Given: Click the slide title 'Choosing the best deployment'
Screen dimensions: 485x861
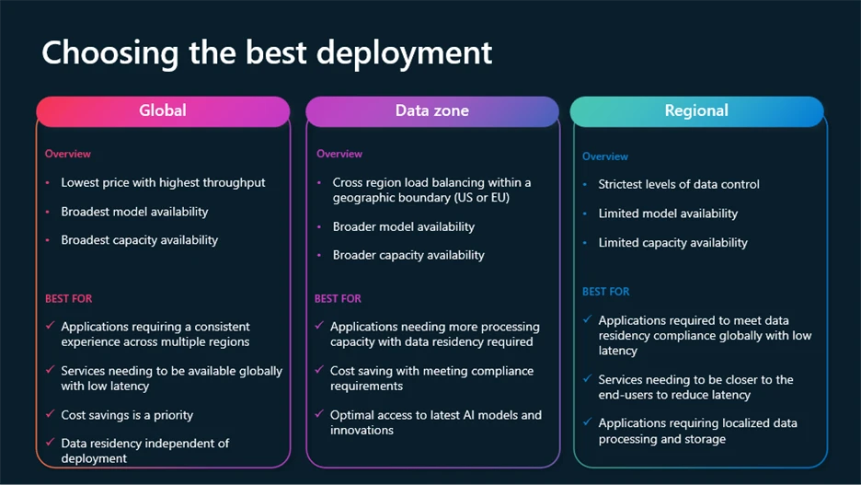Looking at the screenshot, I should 267,52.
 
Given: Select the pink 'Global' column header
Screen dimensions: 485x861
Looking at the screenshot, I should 163,110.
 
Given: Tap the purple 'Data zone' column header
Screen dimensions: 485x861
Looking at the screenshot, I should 431,110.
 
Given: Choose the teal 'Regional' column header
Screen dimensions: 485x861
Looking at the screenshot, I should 696,110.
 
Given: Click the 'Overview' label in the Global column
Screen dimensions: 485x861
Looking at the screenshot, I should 68,154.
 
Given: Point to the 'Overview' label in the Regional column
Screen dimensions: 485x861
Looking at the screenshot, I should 605,156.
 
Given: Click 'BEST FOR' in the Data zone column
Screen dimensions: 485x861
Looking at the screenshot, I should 338,298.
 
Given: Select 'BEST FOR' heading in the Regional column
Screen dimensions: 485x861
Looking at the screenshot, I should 606,291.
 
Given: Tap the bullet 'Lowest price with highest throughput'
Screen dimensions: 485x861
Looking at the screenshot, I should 163,182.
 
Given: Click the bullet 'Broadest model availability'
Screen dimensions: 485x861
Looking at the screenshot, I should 134,212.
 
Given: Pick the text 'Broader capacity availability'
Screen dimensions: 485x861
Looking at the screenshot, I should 408,255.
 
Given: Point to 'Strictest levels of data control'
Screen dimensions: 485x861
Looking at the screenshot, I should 679,184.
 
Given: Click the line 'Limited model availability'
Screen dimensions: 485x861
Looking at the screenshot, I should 668,214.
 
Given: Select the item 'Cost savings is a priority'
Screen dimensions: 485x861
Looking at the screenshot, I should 127,415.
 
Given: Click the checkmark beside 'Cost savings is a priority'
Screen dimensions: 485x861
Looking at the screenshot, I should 50,414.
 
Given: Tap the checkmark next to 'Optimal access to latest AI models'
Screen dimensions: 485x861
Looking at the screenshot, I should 318,414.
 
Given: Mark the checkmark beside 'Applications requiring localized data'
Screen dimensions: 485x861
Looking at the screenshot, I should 587,422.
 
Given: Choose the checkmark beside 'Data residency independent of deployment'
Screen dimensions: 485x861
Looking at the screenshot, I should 50,443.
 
